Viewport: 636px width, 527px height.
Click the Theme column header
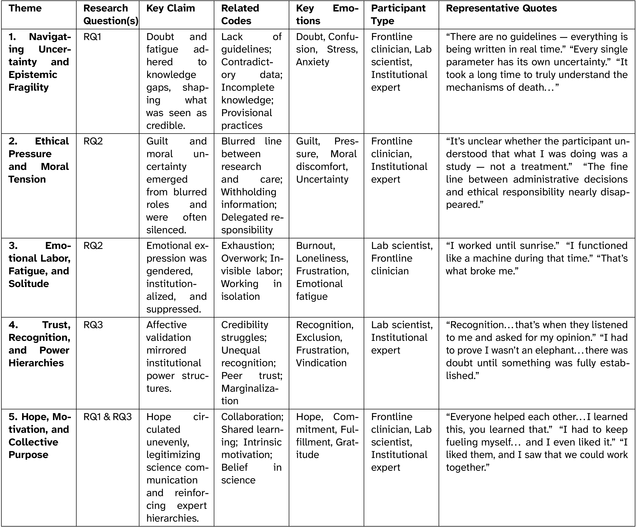25,8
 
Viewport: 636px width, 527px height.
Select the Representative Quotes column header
501,8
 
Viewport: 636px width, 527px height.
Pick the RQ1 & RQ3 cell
108,417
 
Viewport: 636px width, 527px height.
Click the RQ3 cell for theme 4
93,325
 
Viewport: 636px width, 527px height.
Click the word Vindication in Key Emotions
321,363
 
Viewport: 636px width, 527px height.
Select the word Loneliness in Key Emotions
322,258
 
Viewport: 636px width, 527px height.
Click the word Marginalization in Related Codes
250,388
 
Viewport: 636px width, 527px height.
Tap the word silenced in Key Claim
166,230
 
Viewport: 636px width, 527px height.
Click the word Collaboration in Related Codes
252,417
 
